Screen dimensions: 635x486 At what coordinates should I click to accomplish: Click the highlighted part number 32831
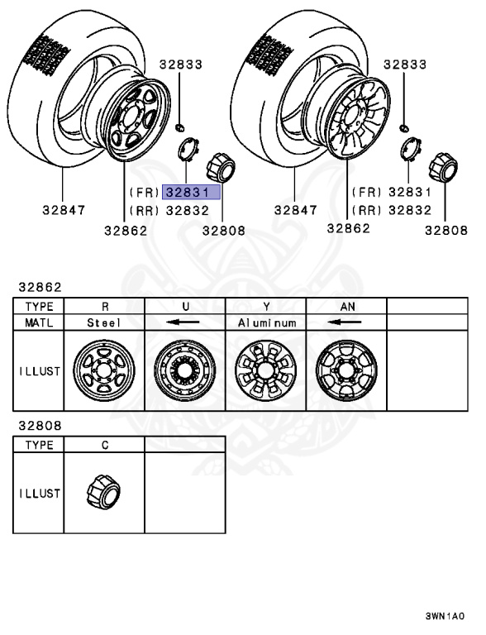(192, 193)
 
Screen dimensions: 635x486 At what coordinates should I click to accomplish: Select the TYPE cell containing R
(104, 306)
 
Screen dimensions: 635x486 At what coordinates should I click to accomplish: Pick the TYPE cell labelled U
(185, 306)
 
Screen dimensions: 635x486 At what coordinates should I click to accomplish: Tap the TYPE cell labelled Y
(266, 306)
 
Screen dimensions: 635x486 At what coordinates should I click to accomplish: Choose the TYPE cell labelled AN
(347, 306)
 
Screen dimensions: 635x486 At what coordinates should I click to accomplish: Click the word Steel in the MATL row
(104, 322)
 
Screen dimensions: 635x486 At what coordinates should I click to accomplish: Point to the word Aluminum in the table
(266, 322)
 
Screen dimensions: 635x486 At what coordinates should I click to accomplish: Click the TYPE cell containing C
(104, 445)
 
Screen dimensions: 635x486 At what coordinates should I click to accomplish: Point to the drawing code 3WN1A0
(445, 616)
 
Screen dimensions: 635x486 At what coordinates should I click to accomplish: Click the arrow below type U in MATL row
(185, 322)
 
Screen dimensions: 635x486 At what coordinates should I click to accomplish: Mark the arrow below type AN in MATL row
(347, 322)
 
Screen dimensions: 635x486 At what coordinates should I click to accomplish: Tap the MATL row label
(39, 322)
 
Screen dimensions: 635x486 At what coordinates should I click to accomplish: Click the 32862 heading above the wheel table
(39, 288)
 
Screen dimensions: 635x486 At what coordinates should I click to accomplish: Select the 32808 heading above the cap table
(39, 427)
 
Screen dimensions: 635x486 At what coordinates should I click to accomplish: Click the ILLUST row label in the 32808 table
(39, 493)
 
